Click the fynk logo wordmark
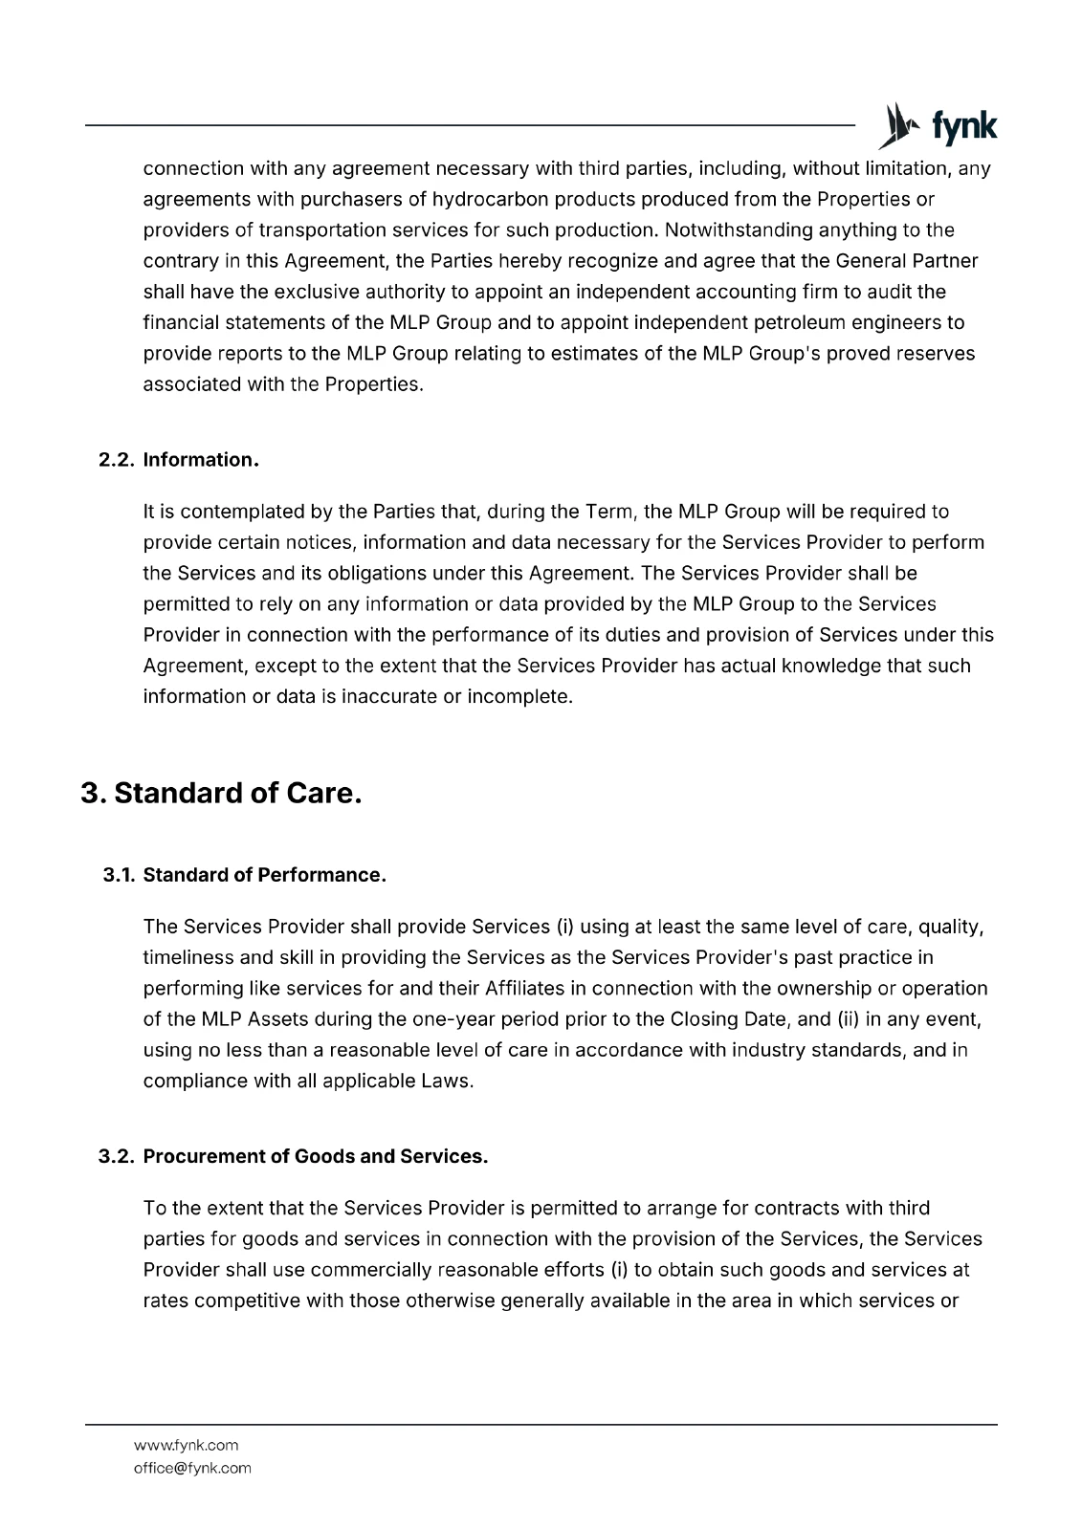coord(963,127)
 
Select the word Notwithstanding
coord(735,229)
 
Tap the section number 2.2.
coord(117,460)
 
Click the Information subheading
coord(201,460)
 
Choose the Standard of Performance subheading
coord(264,875)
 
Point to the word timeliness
coord(188,957)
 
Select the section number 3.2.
coord(117,1156)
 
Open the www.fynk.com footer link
coord(186,1445)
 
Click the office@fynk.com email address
coord(192,1468)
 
